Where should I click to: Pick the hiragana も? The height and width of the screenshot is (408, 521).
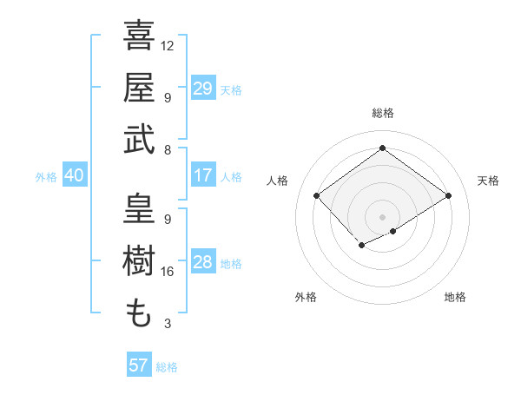(139, 313)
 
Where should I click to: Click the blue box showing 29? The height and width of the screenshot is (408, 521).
(202, 88)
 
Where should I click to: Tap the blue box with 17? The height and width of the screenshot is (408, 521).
(202, 175)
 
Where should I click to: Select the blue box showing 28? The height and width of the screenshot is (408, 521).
(202, 262)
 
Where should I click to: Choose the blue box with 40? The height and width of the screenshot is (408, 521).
(74, 175)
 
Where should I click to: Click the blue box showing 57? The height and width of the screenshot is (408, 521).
(138, 365)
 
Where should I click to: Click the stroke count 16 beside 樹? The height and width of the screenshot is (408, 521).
(168, 272)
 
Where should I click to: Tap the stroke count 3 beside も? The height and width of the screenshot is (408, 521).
(168, 324)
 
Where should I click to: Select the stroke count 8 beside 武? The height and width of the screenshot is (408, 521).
(168, 149)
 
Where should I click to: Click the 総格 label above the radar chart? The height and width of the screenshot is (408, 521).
(382, 113)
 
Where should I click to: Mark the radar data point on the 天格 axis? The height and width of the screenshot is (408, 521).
(448, 195)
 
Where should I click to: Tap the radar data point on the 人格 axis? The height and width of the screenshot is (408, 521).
(316, 195)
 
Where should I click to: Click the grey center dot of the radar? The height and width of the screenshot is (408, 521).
(382, 216)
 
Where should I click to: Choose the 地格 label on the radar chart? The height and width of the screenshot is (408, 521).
(455, 297)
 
